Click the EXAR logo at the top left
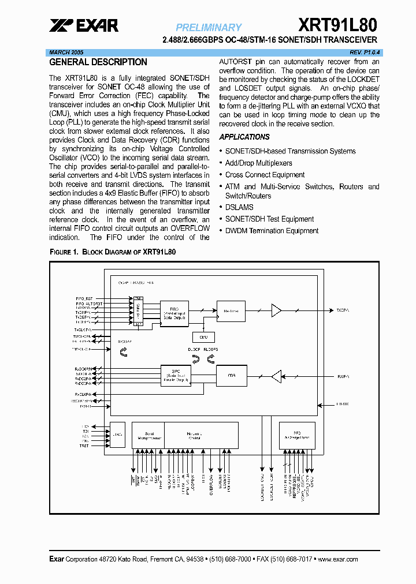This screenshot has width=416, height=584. (x=84, y=25)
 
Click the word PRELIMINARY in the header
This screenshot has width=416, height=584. (x=209, y=27)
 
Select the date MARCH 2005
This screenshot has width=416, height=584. (x=65, y=52)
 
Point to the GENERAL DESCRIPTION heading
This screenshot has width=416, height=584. (x=98, y=62)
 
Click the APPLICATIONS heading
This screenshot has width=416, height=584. (x=244, y=137)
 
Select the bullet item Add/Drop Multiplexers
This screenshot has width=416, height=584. (x=258, y=163)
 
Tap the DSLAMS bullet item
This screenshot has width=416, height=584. (x=239, y=207)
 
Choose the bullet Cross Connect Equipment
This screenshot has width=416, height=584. (x=265, y=175)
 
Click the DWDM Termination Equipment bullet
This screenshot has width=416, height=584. (x=272, y=231)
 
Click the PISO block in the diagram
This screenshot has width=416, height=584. (x=174, y=313)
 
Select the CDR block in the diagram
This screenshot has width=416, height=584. (x=231, y=376)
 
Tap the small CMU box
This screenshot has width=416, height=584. (x=203, y=337)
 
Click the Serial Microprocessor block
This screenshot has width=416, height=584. (x=148, y=437)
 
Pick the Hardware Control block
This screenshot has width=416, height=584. (x=200, y=437)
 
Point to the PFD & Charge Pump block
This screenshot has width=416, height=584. (x=297, y=437)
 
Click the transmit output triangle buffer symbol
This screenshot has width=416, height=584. (x=276, y=311)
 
